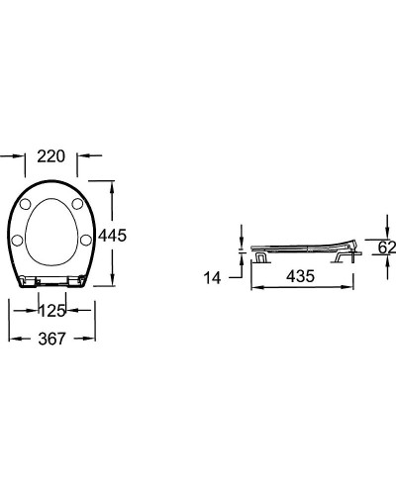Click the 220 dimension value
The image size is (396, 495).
(x=51, y=156)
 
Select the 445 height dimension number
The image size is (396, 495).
(x=112, y=236)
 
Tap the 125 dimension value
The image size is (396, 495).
(x=52, y=311)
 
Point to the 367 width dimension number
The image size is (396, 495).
(x=51, y=339)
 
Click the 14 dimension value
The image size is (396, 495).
(x=212, y=278)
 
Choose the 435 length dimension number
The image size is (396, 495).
(x=300, y=276)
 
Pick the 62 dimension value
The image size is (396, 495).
(x=387, y=247)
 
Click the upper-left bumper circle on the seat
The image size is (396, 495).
(x=26, y=204)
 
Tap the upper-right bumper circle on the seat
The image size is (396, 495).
(x=77, y=204)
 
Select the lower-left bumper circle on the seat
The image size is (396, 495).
(x=17, y=240)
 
